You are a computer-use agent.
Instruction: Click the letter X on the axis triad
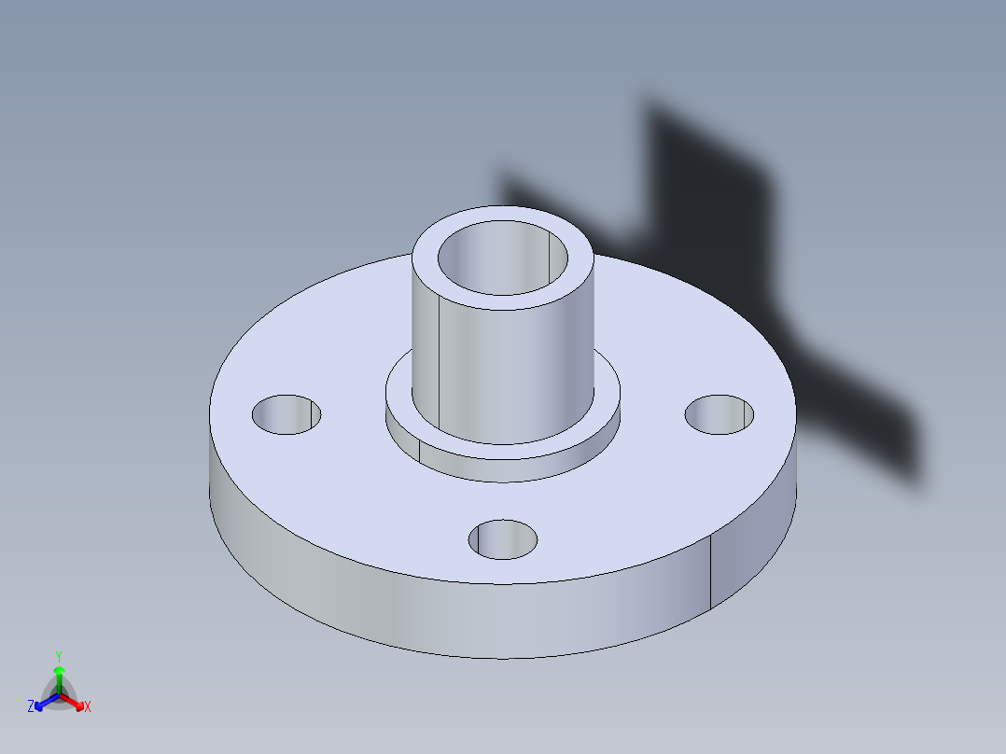(x=88, y=707)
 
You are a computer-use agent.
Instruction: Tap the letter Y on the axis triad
(x=59, y=656)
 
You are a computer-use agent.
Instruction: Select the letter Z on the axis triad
(x=31, y=707)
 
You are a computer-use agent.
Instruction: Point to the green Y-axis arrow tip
(x=59, y=671)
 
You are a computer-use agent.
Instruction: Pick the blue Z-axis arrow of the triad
(x=41, y=704)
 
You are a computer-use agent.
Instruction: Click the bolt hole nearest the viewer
(x=503, y=539)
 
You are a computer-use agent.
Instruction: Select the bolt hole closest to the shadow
(x=720, y=414)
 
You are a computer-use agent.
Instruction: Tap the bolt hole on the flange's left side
(x=286, y=413)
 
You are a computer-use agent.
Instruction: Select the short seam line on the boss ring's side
(x=419, y=450)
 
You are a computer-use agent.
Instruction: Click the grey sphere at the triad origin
(x=59, y=696)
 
